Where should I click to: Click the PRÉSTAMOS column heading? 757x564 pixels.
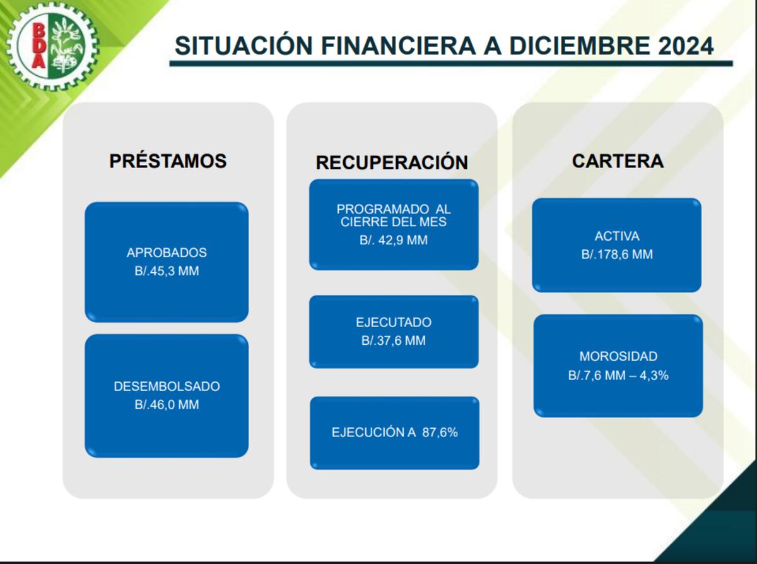168,161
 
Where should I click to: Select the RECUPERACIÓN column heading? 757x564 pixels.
392,162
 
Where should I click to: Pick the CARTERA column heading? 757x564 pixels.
618,161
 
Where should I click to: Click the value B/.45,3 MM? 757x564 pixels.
167,271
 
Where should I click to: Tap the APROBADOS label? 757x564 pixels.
167,253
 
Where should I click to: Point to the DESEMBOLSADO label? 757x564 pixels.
167,387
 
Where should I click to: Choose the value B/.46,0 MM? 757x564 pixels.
167,405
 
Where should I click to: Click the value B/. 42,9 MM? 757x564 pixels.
394,240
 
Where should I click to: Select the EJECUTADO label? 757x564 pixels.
394,322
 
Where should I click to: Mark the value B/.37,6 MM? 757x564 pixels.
394,341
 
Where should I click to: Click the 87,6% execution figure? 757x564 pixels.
440,433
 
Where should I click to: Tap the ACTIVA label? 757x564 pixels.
617,236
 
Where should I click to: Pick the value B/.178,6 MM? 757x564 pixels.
617,255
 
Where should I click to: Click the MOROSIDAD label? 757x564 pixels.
618,356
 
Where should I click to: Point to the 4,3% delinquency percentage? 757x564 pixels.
654,376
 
